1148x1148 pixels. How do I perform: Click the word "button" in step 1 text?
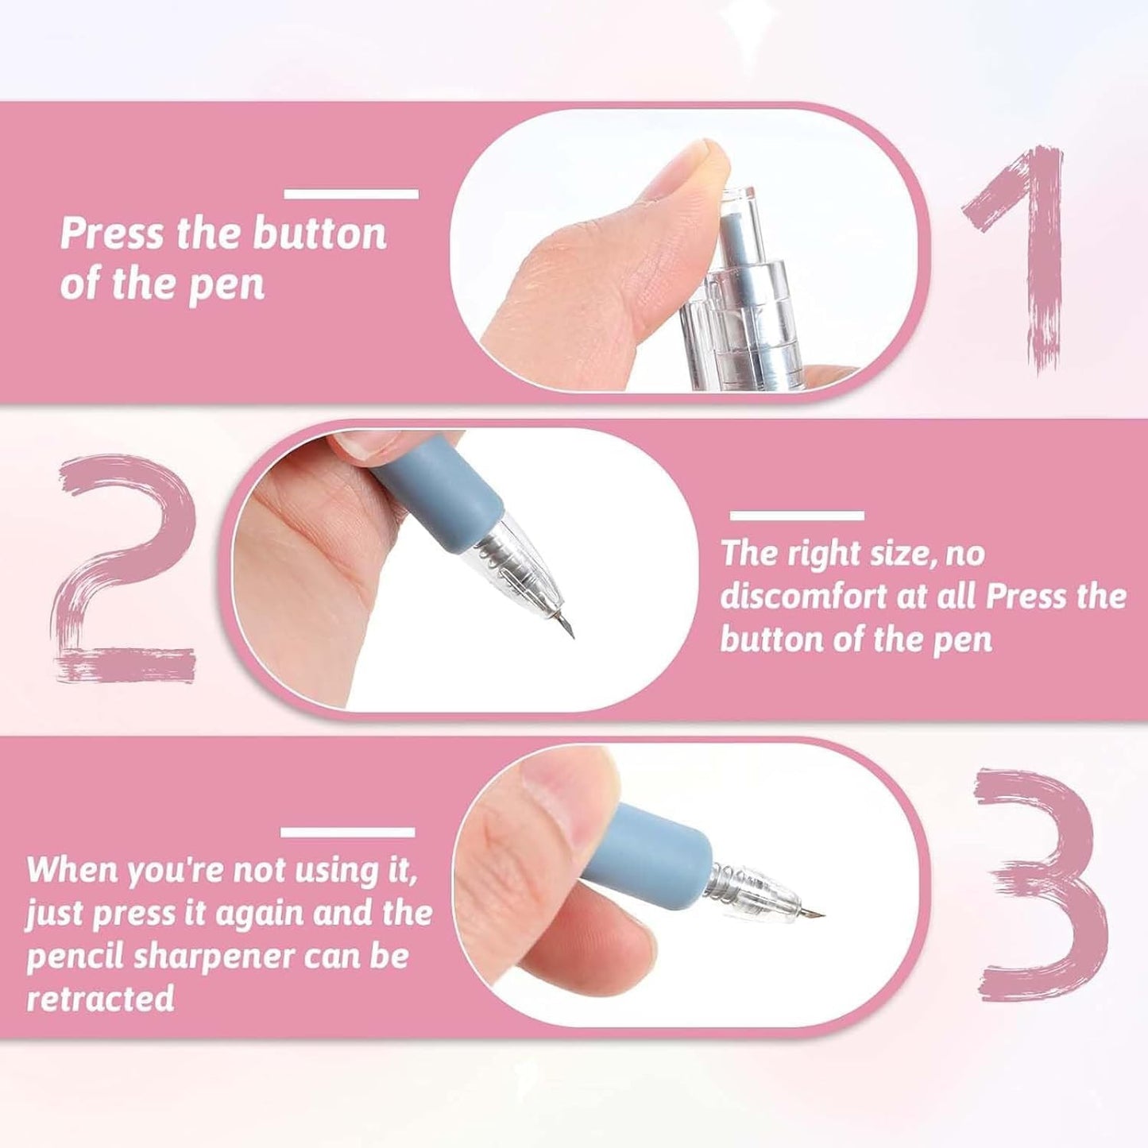click(319, 234)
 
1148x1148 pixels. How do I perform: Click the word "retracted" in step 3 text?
click(101, 998)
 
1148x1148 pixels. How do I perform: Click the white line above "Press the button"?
click(351, 194)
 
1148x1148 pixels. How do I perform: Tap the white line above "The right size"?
click(797, 516)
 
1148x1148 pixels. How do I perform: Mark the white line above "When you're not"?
click(348, 833)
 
